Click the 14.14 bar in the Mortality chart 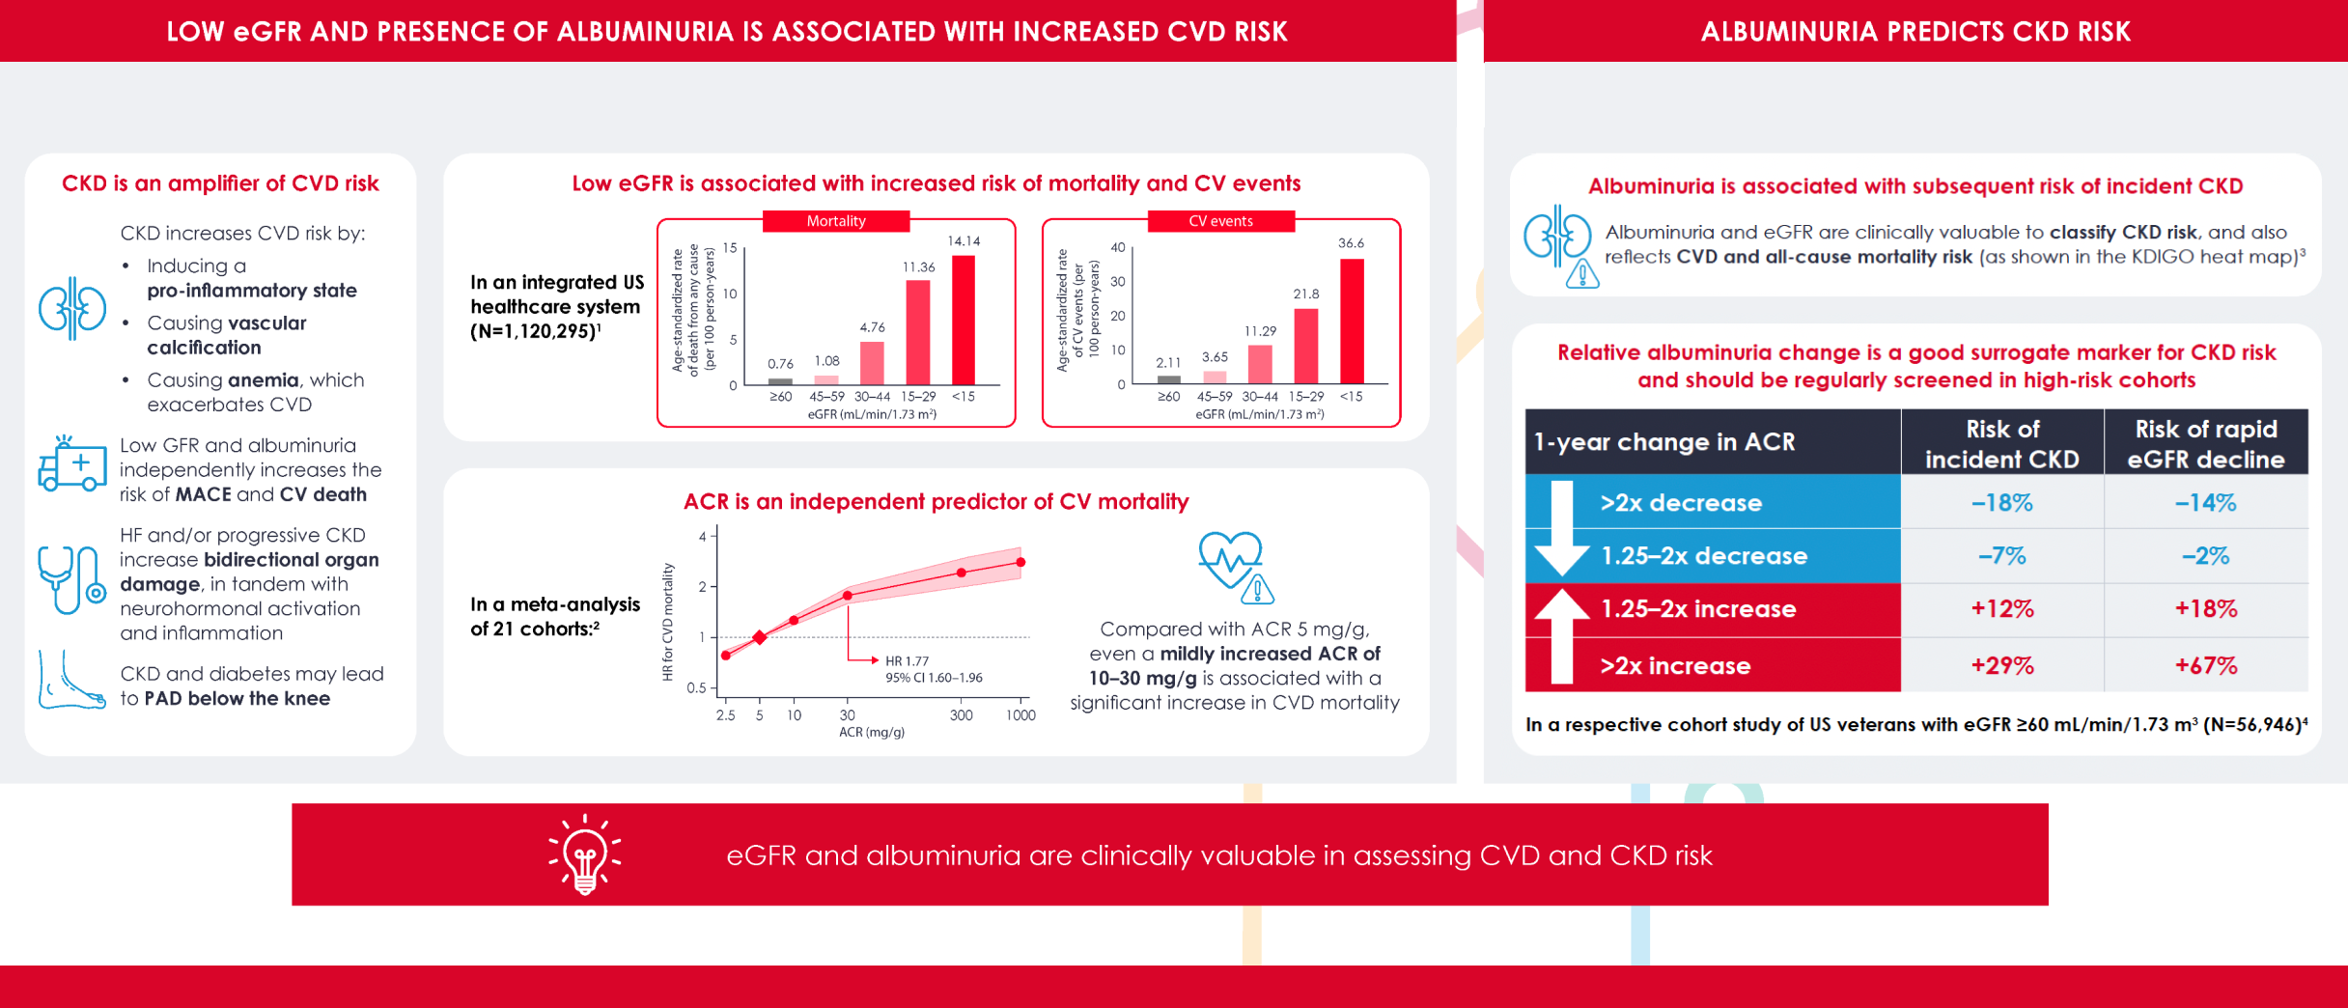964,320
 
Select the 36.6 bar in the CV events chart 1352,321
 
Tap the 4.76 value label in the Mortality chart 872,327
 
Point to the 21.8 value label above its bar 1306,294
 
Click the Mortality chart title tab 836,221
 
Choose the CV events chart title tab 1220,221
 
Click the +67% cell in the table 2205,665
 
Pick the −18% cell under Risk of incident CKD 2001,502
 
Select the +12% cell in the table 2001,609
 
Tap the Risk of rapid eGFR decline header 2205,443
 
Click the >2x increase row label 1675,665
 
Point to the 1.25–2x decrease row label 1704,556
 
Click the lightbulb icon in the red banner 585,854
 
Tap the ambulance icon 72,465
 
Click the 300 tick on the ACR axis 961,715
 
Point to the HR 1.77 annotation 907,661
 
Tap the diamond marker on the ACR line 760,637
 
